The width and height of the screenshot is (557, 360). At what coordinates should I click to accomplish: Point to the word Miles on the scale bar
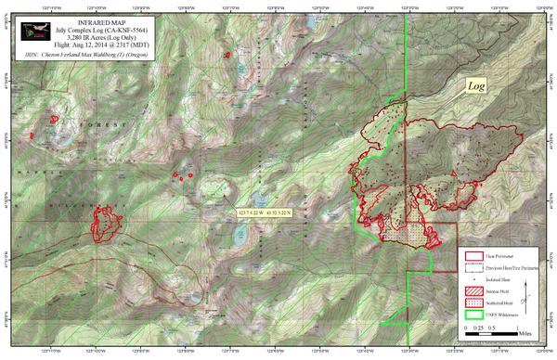(x=526, y=329)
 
